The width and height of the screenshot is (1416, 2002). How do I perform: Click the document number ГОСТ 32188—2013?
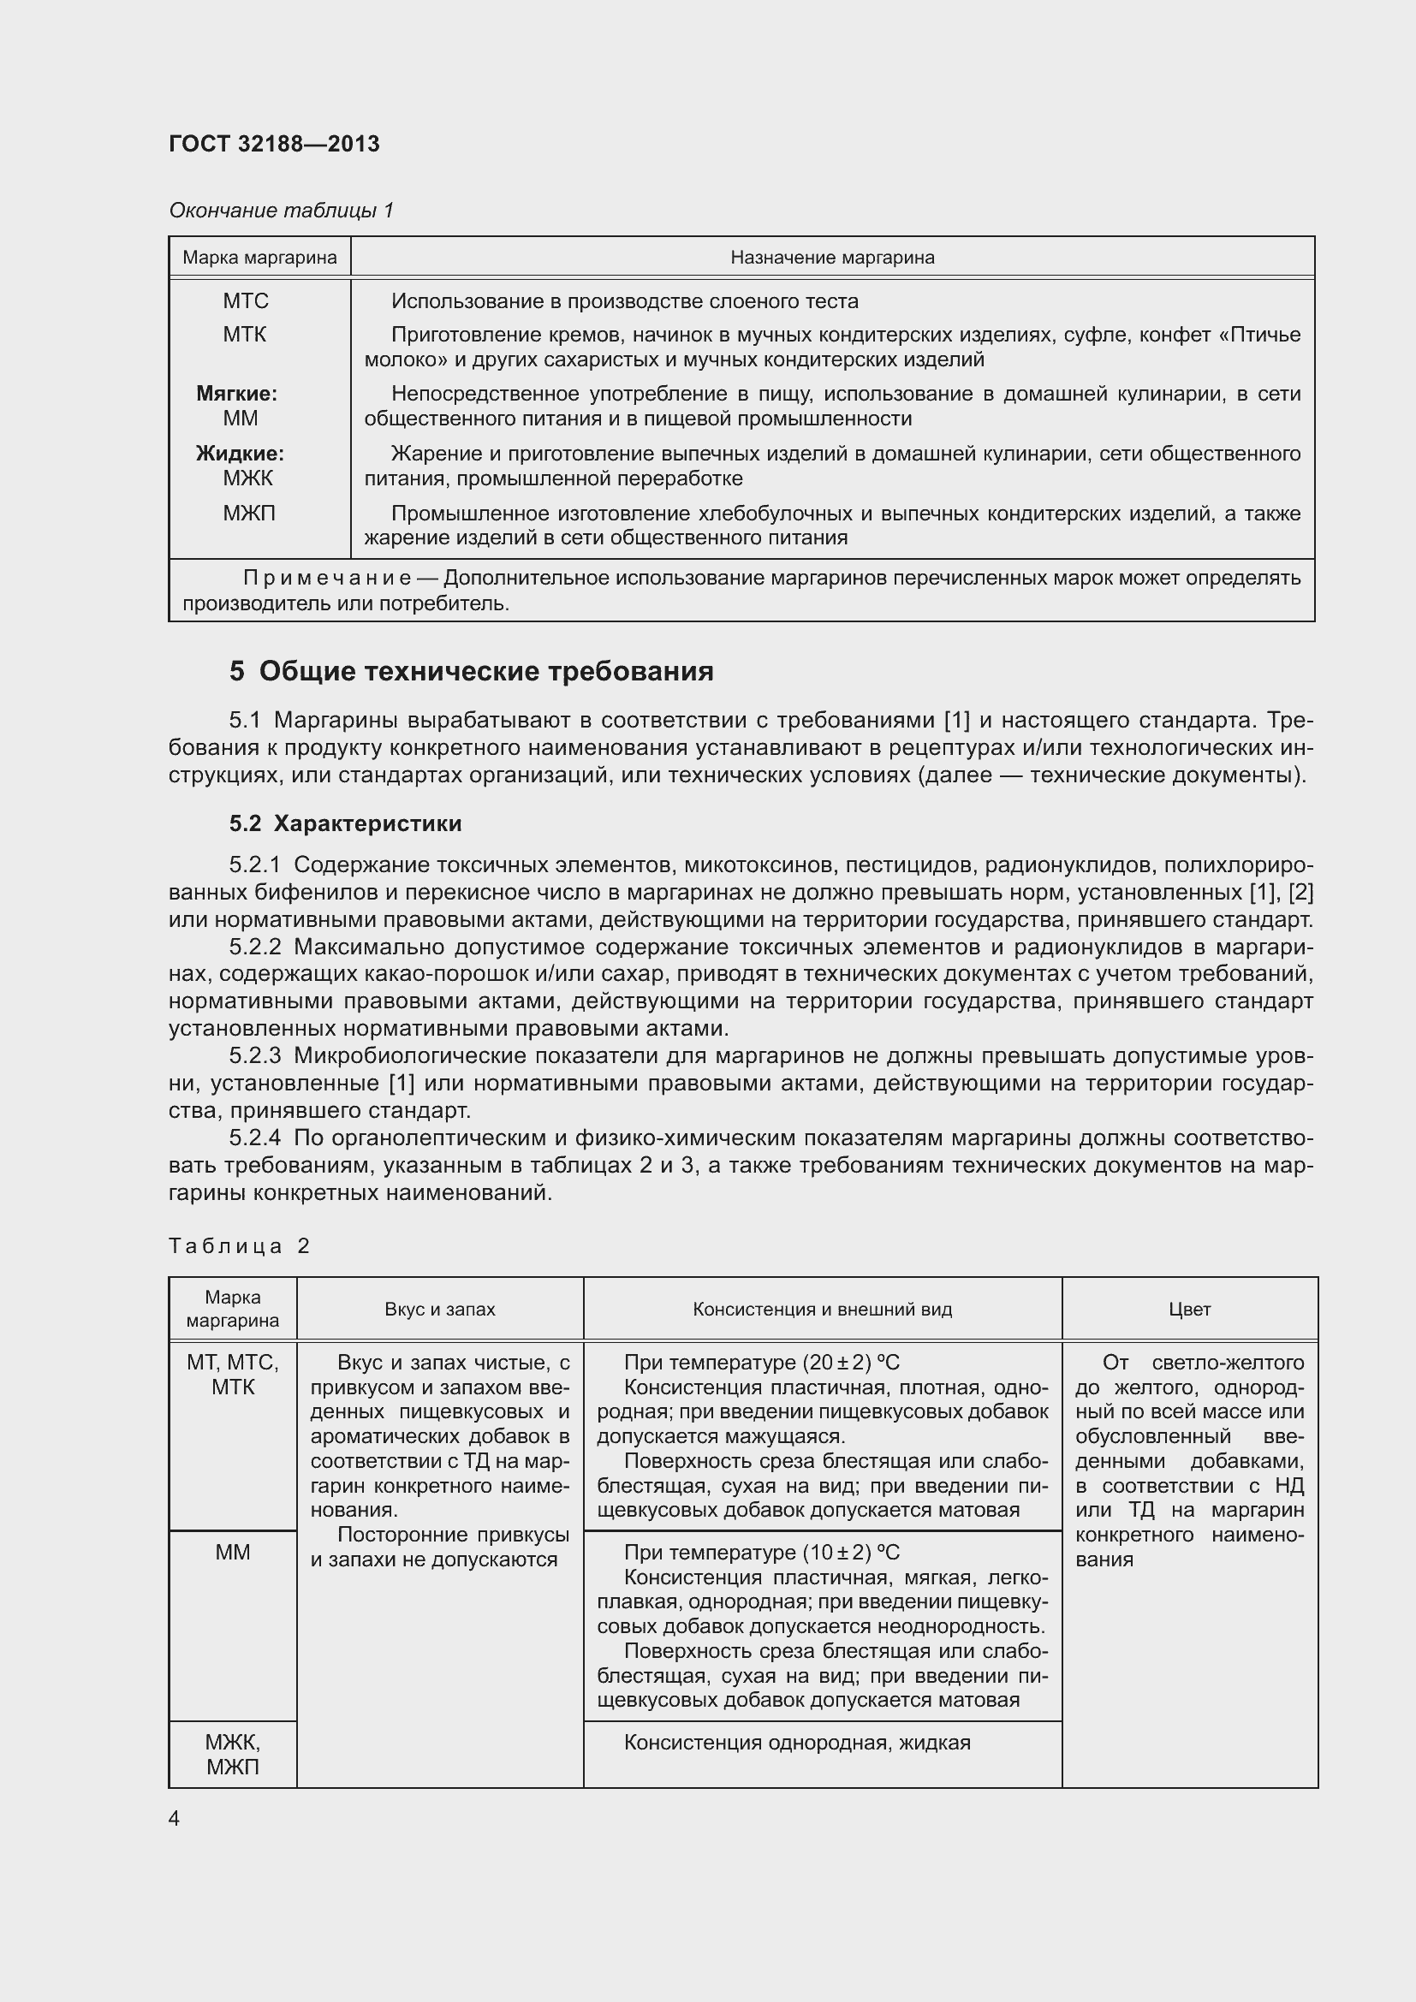point(274,144)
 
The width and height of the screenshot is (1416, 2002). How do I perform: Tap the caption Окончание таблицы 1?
point(281,211)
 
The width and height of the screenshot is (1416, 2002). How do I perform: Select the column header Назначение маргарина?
point(832,258)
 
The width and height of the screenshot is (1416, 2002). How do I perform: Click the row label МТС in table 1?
point(245,300)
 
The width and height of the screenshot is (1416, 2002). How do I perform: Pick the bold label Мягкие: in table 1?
point(236,393)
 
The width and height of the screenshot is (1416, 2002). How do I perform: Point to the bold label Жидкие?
point(240,454)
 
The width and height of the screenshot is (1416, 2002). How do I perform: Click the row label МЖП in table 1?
point(248,513)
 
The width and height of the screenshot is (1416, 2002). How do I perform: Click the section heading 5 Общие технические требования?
point(471,670)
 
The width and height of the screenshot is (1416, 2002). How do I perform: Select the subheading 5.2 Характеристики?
point(345,823)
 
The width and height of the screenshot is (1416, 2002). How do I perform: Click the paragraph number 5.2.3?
point(254,1056)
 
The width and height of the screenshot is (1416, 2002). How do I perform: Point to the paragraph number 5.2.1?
point(254,864)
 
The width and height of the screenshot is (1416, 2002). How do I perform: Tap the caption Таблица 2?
point(239,1246)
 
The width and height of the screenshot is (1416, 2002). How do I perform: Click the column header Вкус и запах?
point(439,1309)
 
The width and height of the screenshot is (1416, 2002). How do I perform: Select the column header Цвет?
point(1189,1309)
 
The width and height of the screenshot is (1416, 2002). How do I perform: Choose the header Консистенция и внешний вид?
point(821,1309)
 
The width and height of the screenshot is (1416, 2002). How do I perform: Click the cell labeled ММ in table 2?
point(232,1552)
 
